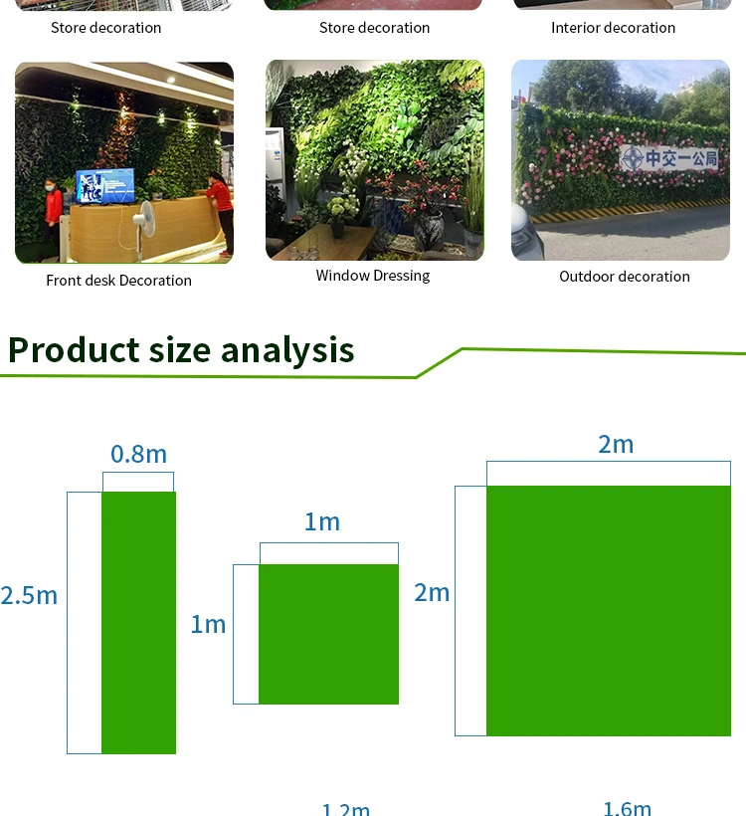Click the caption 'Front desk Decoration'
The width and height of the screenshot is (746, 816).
[x=118, y=281]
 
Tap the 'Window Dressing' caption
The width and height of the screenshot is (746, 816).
[x=373, y=276]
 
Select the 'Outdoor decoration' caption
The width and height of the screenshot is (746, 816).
[x=625, y=277]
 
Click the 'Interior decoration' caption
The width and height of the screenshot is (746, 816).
[x=614, y=28]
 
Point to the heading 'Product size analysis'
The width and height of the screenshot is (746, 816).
[x=181, y=349]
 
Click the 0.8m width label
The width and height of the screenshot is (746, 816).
[x=138, y=454]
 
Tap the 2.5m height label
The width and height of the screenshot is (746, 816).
[x=29, y=595]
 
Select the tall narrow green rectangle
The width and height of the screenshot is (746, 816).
[x=139, y=622]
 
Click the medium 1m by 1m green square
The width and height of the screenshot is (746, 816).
[x=329, y=634]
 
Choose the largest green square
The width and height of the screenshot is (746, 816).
[x=609, y=611]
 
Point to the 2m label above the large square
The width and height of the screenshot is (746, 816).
[x=616, y=445]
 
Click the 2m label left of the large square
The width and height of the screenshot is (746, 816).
[x=432, y=593]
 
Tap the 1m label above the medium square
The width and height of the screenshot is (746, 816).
[x=322, y=522]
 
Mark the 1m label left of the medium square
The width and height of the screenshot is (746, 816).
[x=208, y=625]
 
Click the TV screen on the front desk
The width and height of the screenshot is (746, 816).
[x=105, y=186]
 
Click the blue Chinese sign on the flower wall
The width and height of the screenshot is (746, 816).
[x=670, y=157]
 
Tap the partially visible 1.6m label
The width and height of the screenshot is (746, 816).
[x=627, y=808]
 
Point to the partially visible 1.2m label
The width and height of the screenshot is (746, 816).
[x=346, y=810]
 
